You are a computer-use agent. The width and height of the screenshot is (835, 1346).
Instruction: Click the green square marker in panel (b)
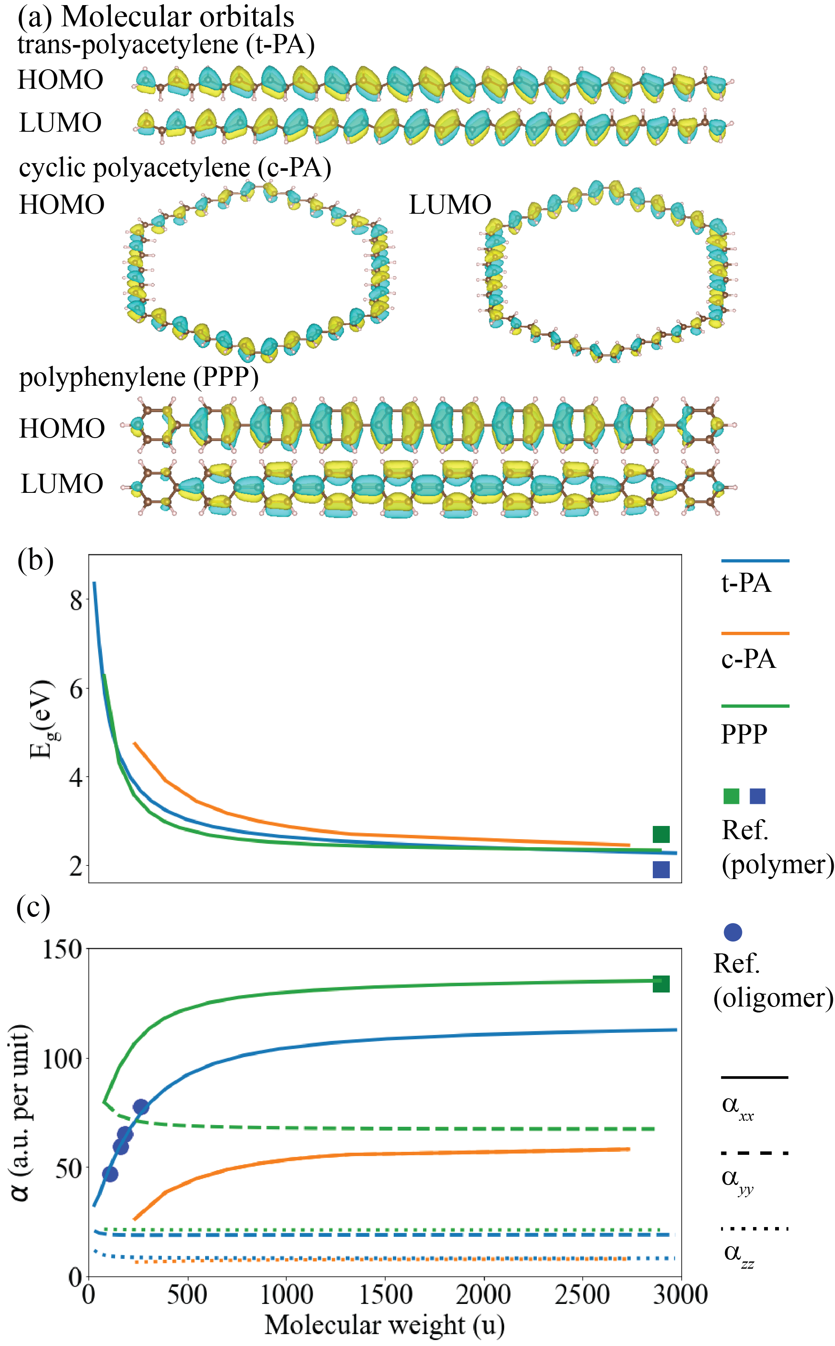pyautogui.click(x=661, y=834)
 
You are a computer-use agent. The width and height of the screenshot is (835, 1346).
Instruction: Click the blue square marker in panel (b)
pyautogui.click(x=661, y=869)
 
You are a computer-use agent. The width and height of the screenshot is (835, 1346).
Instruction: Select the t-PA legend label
pyautogui.click(x=745, y=583)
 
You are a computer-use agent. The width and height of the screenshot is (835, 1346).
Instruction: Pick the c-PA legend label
pyautogui.click(x=748, y=659)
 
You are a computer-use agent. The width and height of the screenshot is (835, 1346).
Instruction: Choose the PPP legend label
pyautogui.click(x=744, y=734)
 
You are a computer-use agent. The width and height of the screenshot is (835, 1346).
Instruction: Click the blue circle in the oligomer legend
pyautogui.click(x=732, y=932)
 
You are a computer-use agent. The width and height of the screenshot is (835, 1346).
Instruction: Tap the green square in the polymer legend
pyautogui.click(x=731, y=796)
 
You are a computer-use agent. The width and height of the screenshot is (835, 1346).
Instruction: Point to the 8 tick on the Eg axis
pyautogui.click(x=76, y=600)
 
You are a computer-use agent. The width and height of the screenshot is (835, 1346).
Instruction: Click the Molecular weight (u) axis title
pyautogui.click(x=384, y=1325)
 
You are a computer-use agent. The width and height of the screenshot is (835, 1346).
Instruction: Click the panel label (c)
pyautogui.click(x=34, y=907)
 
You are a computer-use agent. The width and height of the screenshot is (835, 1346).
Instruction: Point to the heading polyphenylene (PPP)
pyautogui.click(x=138, y=378)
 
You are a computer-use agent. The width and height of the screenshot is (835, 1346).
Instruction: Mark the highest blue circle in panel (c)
pyautogui.click(x=141, y=1106)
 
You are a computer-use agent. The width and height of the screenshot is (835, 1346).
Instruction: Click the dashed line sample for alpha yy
pyautogui.click(x=754, y=1153)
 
